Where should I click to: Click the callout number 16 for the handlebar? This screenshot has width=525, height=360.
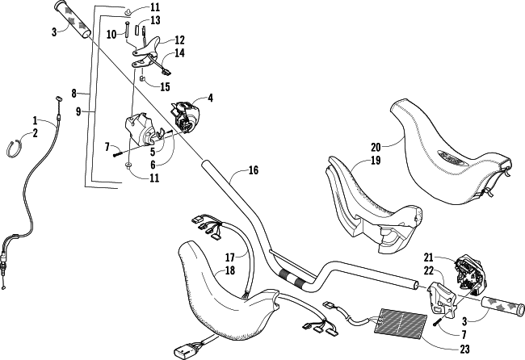click(x=254, y=170)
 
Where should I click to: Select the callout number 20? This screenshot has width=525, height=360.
click(x=376, y=147)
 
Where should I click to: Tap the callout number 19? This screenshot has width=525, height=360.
click(x=376, y=161)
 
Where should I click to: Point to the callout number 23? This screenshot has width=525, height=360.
click(x=464, y=349)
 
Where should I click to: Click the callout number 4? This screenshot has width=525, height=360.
click(x=210, y=98)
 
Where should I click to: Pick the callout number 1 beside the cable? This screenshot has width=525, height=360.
click(x=35, y=120)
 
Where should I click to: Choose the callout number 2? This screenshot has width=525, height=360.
click(x=35, y=133)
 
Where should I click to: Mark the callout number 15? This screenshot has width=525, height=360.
click(x=165, y=87)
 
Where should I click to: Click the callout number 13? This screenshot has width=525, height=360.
click(x=155, y=20)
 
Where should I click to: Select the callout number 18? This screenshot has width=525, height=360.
click(x=230, y=270)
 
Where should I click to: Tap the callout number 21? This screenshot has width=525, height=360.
click(x=429, y=257)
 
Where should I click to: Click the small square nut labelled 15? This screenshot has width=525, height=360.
click(x=141, y=79)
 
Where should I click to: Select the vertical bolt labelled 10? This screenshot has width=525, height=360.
click(x=128, y=30)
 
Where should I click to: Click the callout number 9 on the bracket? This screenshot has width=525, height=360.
click(x=78, y=111)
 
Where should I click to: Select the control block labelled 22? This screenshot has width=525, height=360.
click(x=442, y=298)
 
